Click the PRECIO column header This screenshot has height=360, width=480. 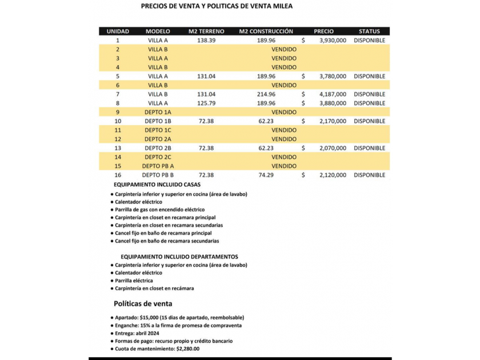(323, 31)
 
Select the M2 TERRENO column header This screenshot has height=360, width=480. (206, 31)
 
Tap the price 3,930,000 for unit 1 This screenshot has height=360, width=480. (333, 41)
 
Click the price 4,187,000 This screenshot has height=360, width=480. (333, 94)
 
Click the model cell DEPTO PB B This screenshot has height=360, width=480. (158, 175)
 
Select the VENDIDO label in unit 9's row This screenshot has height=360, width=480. (284, 112)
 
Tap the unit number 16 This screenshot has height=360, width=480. (118, 175)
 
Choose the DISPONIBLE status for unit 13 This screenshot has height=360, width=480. (369, 148)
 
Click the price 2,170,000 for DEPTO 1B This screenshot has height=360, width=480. (333, 121)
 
